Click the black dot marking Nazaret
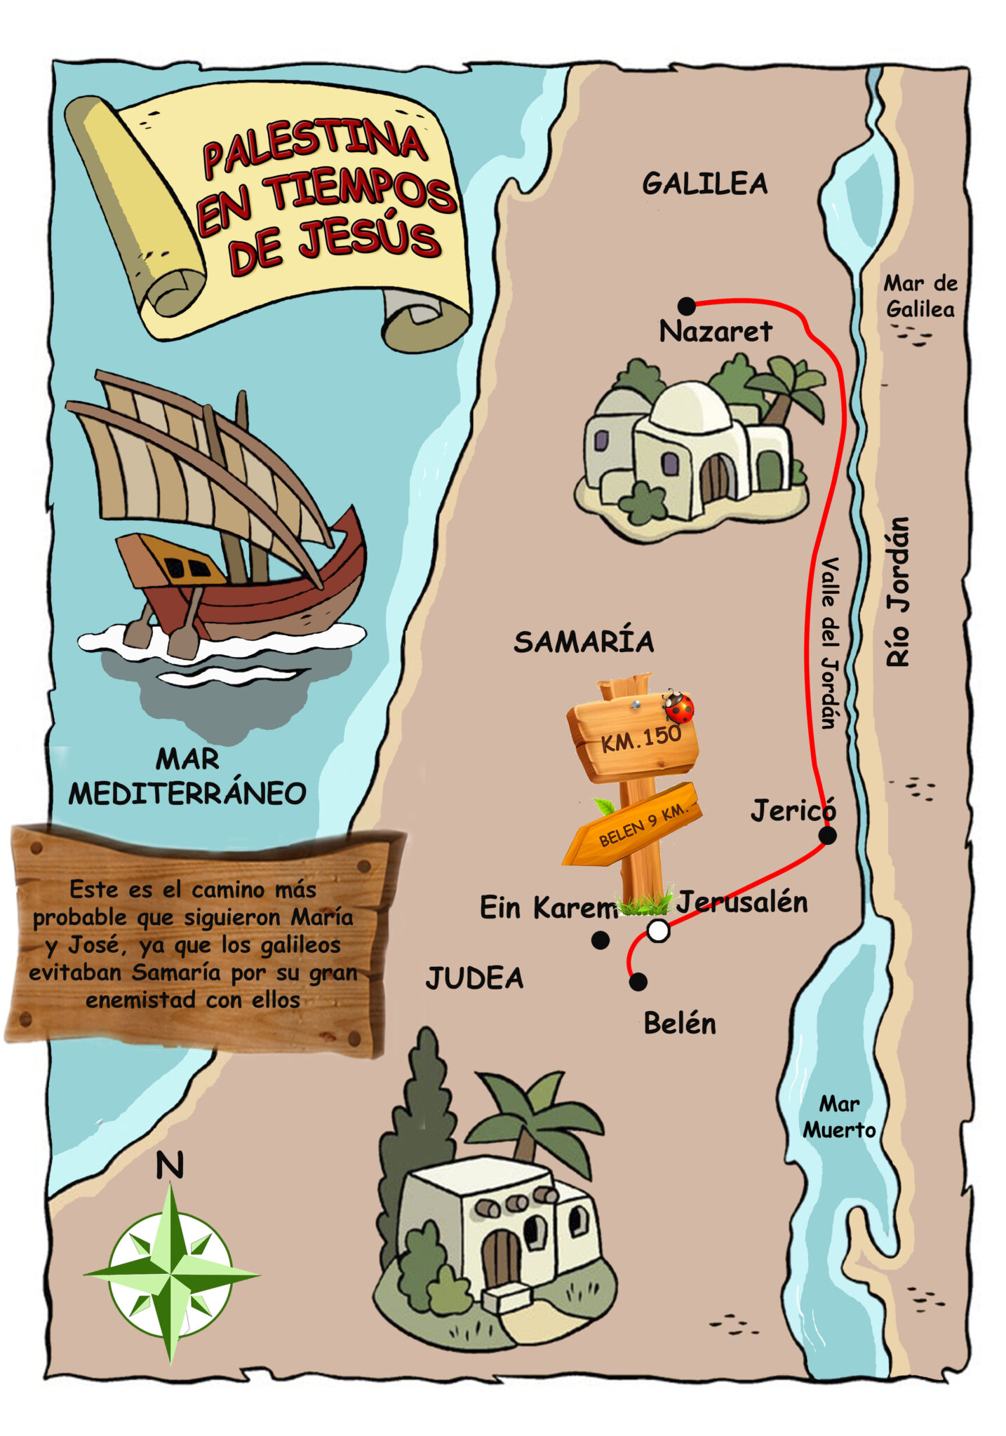(686, 306)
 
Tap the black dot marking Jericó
(827, 835)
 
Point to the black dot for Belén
(638, 982)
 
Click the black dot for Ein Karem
(601, 940)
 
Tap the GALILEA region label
(704, 184)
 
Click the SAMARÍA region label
(584, 642)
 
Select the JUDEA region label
(475, 978)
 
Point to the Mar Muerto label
(839, 1116)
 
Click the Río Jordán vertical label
(897, 592)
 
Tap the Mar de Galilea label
(920, 296)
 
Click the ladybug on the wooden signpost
(678, 706)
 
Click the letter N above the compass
(169, 1165)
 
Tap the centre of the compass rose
(170, 1273)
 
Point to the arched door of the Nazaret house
(715, 478)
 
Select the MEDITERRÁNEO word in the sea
(187, 794)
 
